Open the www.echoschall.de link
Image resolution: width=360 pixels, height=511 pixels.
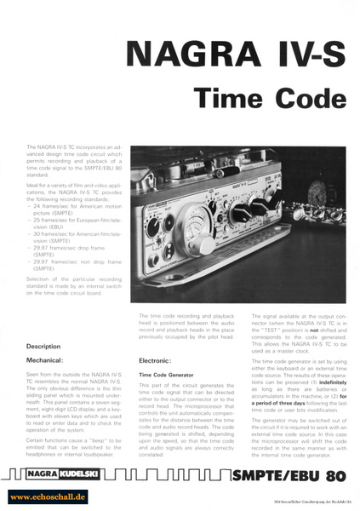[x=48, y=495]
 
